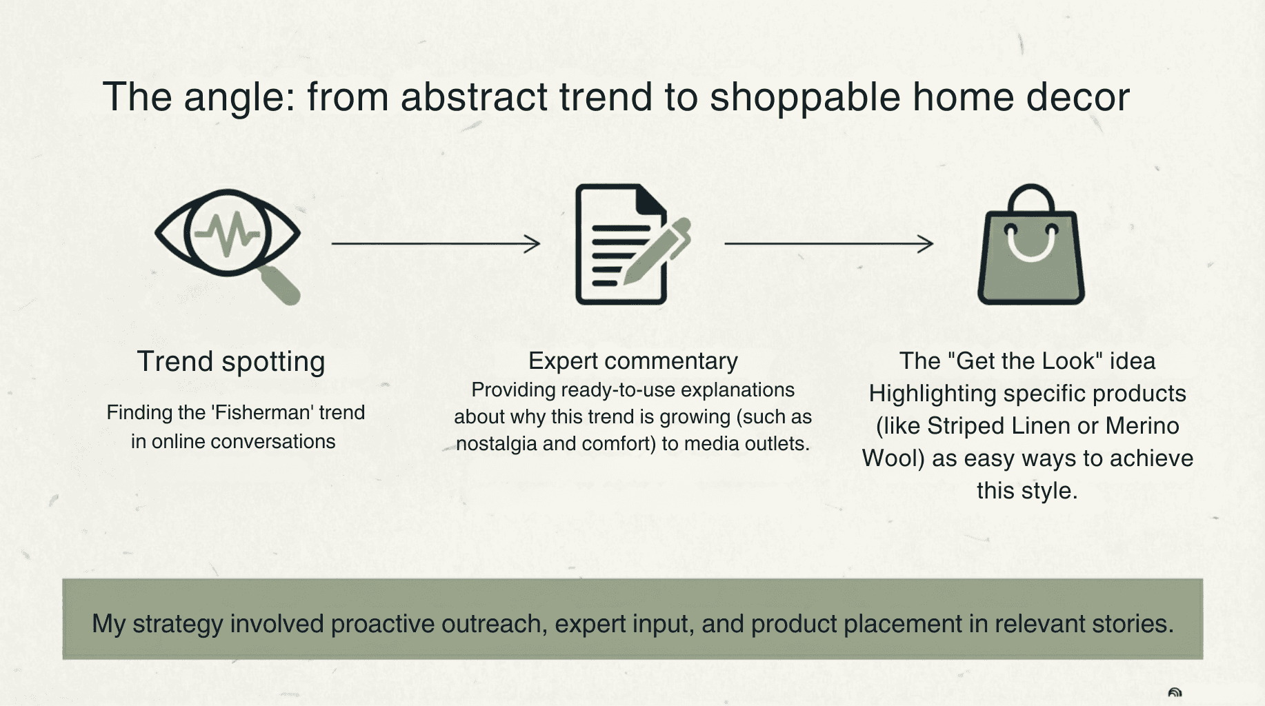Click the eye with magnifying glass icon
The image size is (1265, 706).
coord(228,245)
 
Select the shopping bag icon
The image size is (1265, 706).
coord(1031,244)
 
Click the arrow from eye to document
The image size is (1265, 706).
coord(436,243)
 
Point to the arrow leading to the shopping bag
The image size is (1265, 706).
coord(829,243)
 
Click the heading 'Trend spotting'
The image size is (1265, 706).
coord(231,362)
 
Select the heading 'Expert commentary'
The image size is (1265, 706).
coord(633,361)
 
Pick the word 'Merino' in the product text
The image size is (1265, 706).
coord(1142,426)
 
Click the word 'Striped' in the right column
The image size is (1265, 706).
coord(964,426)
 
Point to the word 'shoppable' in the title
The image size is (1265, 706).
coord(805,97)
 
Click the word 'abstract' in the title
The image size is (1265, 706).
coord(474,97)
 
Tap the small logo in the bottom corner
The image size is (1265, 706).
coord(1175,693)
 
